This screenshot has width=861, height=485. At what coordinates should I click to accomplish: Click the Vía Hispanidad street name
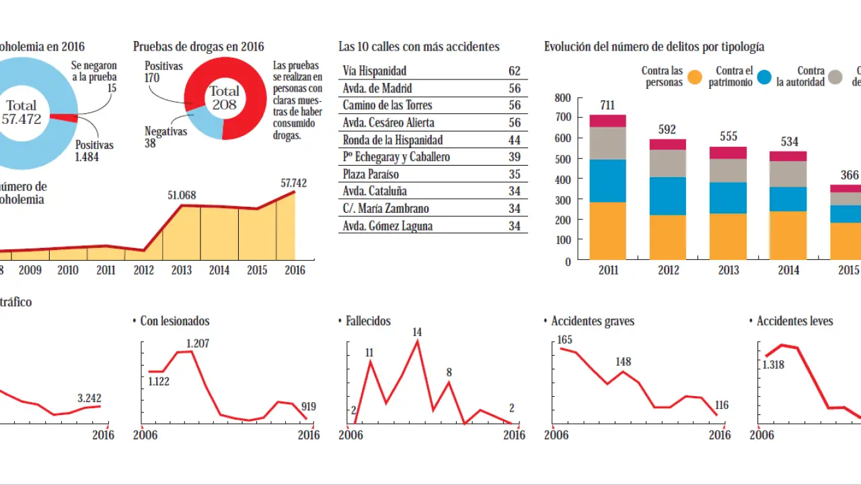375,71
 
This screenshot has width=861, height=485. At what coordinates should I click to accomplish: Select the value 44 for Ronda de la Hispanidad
515,140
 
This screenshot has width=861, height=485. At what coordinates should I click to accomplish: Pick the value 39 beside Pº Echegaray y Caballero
515,157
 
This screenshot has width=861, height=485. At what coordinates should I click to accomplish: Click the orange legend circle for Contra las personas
695,77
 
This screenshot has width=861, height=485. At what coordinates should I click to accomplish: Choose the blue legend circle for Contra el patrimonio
764,77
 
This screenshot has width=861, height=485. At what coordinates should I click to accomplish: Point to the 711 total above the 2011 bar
607,104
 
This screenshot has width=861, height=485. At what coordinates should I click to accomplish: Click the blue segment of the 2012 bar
667,196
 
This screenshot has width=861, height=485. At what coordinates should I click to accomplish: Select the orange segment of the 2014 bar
788,235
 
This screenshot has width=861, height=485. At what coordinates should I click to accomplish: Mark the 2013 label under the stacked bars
728,270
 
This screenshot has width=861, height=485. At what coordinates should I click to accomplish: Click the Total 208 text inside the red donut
224,98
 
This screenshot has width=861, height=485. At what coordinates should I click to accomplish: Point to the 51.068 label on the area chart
182,195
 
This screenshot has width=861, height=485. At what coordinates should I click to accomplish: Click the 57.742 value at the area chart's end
295,183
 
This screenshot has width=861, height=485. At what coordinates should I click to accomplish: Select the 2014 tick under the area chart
219,269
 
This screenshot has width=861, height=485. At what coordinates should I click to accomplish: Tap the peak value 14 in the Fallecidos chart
417,332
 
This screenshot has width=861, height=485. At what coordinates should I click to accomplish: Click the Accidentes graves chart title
593,321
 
